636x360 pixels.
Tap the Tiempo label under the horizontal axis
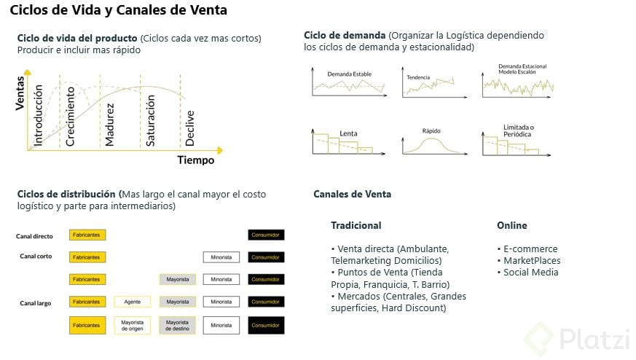pyautogui.click(x=195, y=160)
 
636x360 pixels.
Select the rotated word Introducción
pyautogui.click(x=39, y=116)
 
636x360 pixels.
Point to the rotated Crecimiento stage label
pyautogui.click(x=71, y=116)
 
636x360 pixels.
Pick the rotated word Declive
pyautogui.click(x=190, y=128)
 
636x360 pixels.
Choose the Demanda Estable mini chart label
pyautogui.click(x=348, y=74)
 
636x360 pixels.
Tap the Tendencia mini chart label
pyautogui.click(x=418, y=77)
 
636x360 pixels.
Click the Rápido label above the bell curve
pyautogui.click(x=432, y=131)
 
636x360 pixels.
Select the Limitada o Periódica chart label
pyautogui.click(x=518, y=130)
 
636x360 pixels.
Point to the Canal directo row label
pyautogui.click(x=34, y=236)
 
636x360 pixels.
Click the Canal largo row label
pyautogui.click(x=35, y=302)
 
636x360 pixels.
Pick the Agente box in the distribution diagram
pyautogui.click(x=132, y=302)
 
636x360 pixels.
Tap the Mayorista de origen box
pyautogui.click(x=132, y=324)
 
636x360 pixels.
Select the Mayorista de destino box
pyautogui.click(x=177, y=324)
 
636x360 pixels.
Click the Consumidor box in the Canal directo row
pyautogui.click(x=266, y=235)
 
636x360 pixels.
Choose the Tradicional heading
pyautogui.click(x=356, y=225)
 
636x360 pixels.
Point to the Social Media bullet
pyautogui.click(x=530, y=272)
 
